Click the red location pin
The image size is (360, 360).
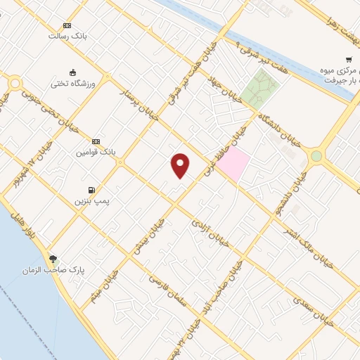tap(181, 165)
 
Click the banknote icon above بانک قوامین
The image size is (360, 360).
tap(96, 141)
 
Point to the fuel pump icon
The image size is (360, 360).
tap(91, 190)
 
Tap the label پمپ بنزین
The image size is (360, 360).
tap(94, 201)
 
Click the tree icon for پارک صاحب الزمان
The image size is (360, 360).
tap(53, 259)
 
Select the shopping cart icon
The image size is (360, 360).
tap(348, 60)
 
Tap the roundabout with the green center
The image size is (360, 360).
tap(316, 156)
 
